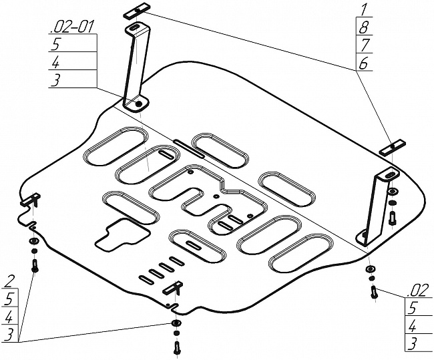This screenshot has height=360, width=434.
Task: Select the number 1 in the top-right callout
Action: (x=365, y=9)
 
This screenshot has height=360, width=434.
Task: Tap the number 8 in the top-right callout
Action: (x=365, y=27)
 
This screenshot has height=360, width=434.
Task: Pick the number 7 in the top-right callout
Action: (x=365, y=45)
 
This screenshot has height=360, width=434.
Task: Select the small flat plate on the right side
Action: (x=393, y=147)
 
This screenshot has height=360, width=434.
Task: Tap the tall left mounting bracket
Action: (x=136, y=67)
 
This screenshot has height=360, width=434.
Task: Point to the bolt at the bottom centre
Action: (x=176, y=346)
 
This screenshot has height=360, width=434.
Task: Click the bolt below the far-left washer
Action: (x=35, y=264)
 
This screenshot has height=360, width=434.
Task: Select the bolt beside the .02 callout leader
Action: (x=374, y=291)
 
